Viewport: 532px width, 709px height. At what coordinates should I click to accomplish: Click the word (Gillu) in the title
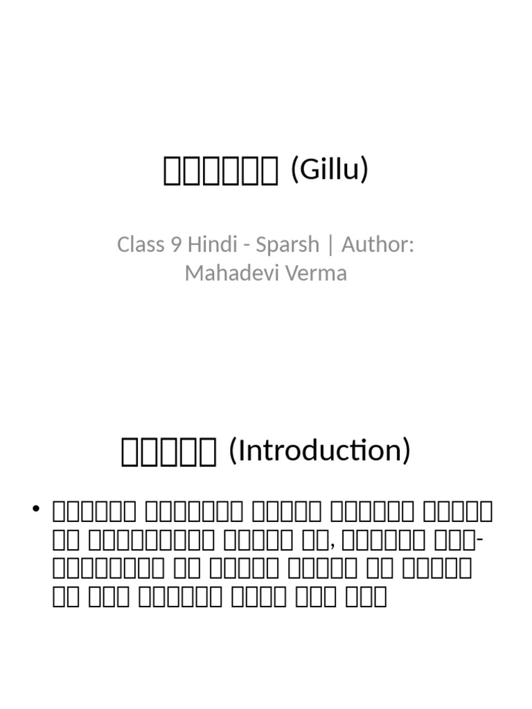[329, 169]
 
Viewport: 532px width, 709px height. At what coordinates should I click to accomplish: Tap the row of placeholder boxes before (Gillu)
[220, 171]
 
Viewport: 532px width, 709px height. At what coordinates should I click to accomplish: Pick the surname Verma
[315, 273]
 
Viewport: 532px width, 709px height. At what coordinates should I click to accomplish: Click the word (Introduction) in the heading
[319, 450]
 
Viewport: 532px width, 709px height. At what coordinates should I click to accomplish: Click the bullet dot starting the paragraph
[36, 510]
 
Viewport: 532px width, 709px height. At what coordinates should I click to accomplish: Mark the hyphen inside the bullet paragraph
[481, 539]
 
